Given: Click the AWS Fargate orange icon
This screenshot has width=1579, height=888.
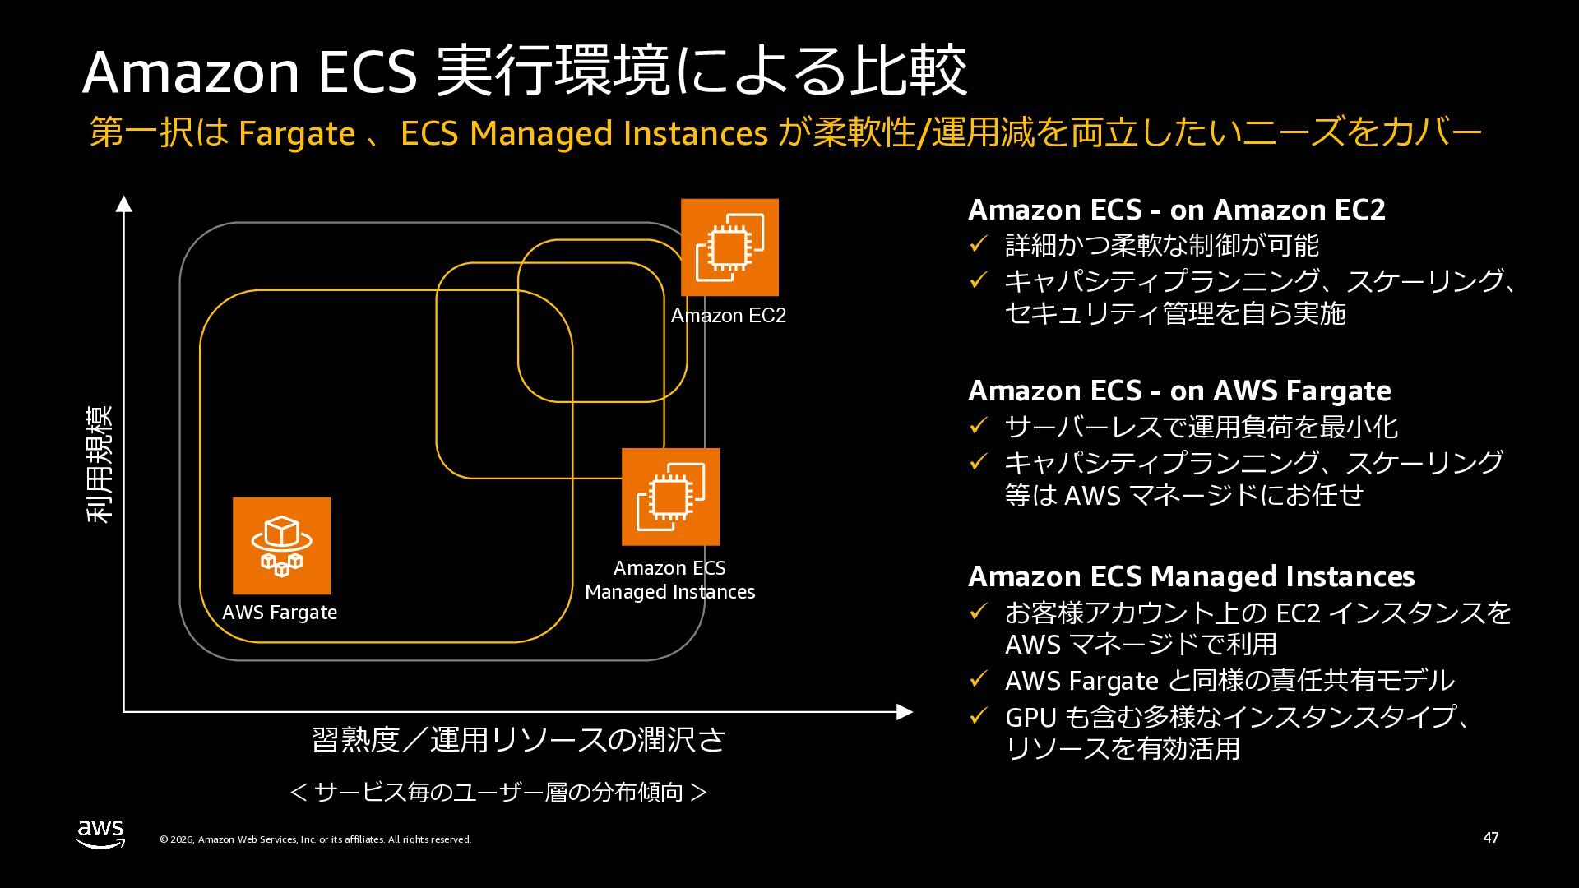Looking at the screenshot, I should (x=281, y=545).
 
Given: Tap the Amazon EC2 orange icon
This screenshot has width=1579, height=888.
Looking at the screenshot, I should (x=729, y=247).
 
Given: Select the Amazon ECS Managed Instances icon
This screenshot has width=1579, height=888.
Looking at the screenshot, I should (x=670, y=497).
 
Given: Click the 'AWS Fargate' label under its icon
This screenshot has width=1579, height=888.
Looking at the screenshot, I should (x=280, y=613).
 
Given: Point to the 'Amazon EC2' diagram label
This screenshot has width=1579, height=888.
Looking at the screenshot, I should (x=729, y=316).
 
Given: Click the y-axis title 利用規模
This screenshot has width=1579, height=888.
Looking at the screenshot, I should (x=100, y=465).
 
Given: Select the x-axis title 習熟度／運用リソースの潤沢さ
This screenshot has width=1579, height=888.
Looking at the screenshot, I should (x=518, y=740).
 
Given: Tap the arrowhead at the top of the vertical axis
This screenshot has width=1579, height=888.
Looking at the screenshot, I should (x=123, y=203).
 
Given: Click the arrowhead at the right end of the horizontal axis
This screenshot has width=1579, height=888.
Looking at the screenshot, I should (x=905, y=712).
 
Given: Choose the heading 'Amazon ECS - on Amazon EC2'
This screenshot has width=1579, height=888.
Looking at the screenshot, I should (x=1176, y=210).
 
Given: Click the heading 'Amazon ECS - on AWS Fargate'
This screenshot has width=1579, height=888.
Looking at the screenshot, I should (x=1179, y=391).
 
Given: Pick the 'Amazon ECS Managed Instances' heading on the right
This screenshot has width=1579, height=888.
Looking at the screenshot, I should (x=1191, y=576).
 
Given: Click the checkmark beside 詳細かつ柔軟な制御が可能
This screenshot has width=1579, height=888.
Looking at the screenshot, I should (x=977, y=245).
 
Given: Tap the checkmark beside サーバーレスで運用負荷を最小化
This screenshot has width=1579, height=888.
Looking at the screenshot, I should (x=977, y=426).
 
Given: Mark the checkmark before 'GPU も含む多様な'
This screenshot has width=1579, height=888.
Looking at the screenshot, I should (x=977, y=717).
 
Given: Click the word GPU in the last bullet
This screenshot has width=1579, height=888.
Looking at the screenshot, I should (x=1030, y=718).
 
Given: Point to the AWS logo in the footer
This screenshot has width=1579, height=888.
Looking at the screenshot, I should (x=101, y=834).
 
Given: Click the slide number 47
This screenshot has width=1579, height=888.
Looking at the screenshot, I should (x=1490, y=838).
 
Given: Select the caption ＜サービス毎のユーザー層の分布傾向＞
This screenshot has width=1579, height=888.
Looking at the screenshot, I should (x=498, y=792).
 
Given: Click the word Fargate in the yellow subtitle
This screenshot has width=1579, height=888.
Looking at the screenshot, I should (x=296, y=134).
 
